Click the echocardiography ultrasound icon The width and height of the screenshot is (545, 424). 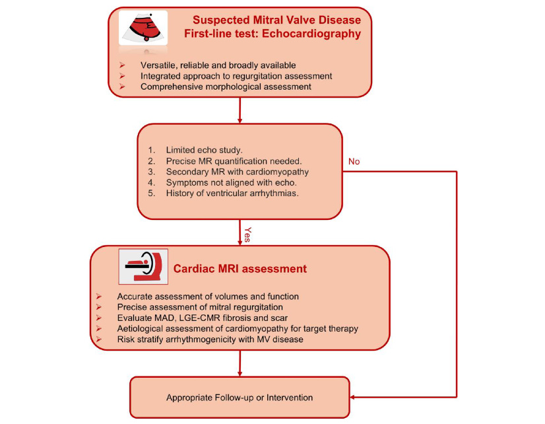click(x=143, y=28)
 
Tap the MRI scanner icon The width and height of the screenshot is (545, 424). click(x=144, y=266)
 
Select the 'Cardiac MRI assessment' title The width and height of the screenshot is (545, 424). click(x=240, y=269)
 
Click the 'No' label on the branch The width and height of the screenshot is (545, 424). click(x=354, y=161)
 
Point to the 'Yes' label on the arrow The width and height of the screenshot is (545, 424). click(x=246, y=234)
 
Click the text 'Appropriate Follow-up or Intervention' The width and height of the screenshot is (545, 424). click(x=240, y=398)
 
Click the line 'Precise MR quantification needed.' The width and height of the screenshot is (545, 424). click(x=233, y=161)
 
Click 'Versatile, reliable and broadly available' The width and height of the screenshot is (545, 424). click(x=218, y=65)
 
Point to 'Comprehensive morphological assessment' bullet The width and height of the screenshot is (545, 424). click(x=226, y=87)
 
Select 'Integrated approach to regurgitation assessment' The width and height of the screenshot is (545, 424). click(x=236, y=76)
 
